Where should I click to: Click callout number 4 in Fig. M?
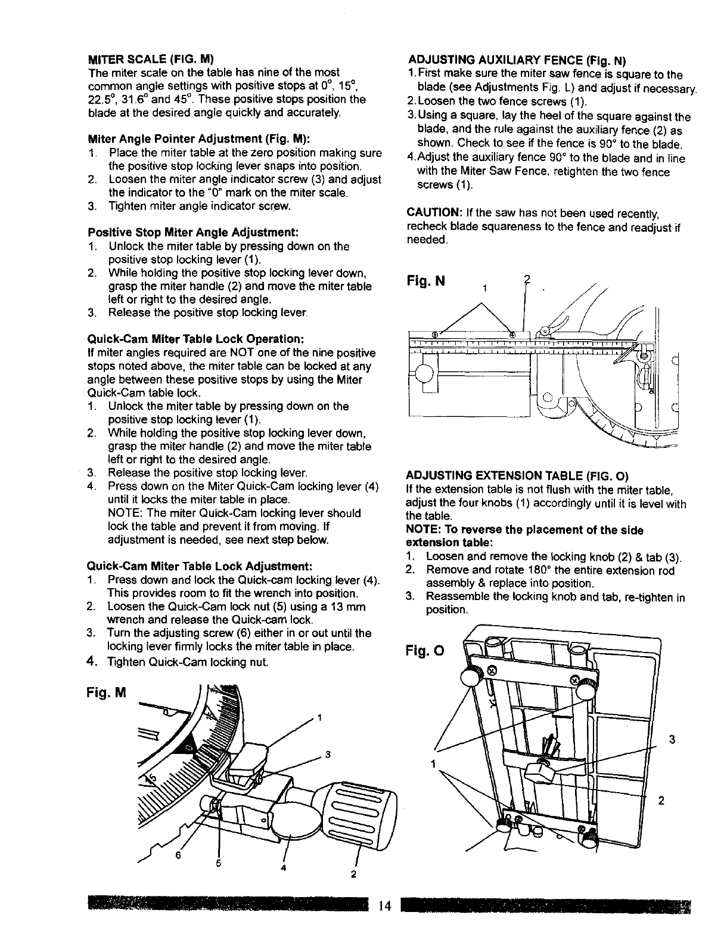click(x=284, y=867)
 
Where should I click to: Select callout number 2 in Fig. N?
click(x=524, y=279)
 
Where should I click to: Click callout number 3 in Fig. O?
click(x=672, y=740)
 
